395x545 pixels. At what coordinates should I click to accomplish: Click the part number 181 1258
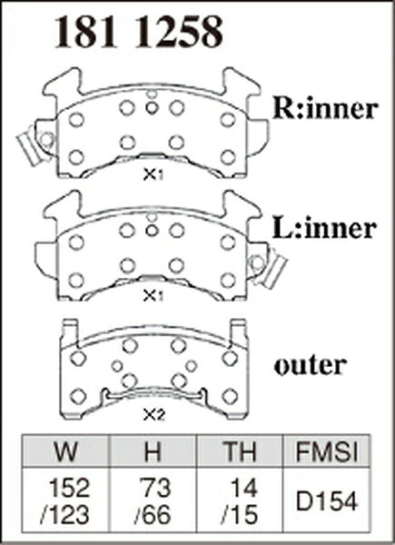point(139,33)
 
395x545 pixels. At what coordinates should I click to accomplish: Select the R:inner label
point(325,110)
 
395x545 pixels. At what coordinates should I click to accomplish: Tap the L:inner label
point(324,229)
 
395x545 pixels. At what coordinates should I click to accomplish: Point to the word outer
point(310,365)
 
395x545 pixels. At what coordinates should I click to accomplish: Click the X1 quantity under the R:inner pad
point(153,175)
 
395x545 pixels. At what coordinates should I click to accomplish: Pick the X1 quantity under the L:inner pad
point(153,296)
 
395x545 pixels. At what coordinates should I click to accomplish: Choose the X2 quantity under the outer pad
point(153,415)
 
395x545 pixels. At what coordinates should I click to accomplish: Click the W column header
point(65,451)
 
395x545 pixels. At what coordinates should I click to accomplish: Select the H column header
point(153,451)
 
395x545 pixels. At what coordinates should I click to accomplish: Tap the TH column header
point(240,451)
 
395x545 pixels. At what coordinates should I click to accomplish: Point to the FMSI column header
point(327,451)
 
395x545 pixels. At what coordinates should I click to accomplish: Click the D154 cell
point(326,501)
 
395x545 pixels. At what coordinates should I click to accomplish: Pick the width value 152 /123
point(65,501)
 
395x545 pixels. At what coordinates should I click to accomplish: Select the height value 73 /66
point(153,501)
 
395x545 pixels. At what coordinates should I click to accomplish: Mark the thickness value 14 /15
point(240,501)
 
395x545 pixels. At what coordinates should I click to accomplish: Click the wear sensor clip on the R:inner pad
point(34,145)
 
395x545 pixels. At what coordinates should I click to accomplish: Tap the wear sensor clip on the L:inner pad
point(269,267)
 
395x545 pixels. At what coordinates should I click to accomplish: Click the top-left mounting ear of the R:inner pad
point(63,83)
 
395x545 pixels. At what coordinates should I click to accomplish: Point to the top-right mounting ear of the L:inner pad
point(242,205)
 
